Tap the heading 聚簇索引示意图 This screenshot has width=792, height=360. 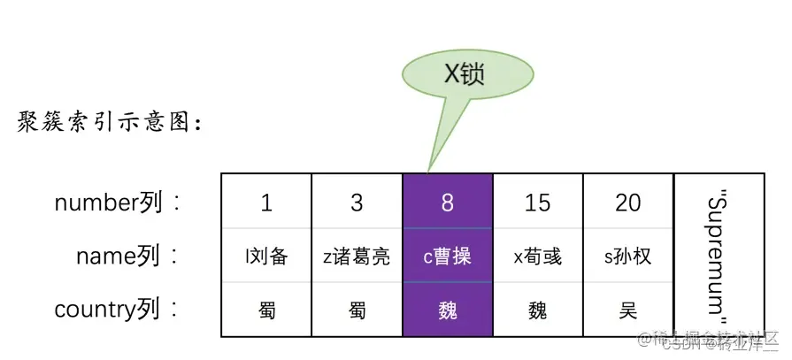pos(110,123)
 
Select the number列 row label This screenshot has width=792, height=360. pos(118,203)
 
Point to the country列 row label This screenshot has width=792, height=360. pos(118,310)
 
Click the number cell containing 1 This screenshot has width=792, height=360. pos(266,203)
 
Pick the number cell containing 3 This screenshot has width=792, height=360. pos(357,203)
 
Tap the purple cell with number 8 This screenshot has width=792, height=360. pos(447,203)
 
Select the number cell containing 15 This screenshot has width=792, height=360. pos(537,203)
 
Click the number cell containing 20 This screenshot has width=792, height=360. pos(627,203)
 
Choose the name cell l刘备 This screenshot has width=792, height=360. pos(266,257)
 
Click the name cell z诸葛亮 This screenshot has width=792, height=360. pos(357,257)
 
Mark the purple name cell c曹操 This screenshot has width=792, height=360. pos(447,257)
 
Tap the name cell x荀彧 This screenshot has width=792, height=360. pos(537,257)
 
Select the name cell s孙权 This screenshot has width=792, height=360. pos(627,257)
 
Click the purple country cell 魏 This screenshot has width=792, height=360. pos(447,310)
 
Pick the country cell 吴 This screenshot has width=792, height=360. pos(627,310)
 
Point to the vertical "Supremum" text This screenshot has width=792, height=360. pos(718,255)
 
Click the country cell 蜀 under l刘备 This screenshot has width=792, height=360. pos(266,310)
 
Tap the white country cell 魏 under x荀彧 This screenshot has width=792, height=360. pos(537,310)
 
